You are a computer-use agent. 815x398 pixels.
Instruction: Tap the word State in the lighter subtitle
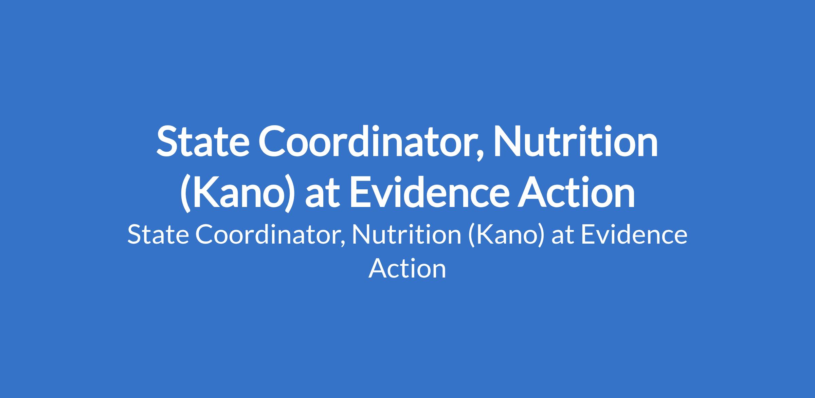tap(158, 235)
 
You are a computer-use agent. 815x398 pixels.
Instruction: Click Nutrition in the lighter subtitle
tap(407, 235)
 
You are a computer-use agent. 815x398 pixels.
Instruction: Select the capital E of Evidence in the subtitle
tap(588, 235)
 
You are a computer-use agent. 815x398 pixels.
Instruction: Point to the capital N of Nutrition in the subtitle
tap(361, 235)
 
